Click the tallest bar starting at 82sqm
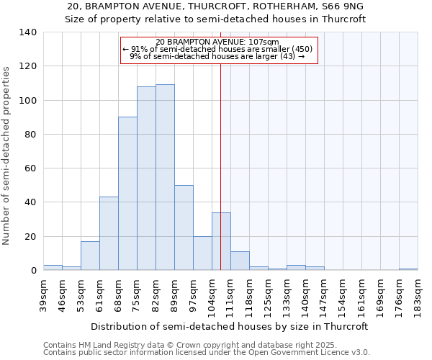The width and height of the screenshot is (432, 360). point(165,177)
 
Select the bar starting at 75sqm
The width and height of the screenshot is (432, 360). point(146,179)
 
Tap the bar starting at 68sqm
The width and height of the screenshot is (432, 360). point(127,194)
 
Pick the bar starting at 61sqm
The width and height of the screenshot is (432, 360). point(109,233)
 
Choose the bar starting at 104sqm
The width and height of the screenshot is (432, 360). point(221,241)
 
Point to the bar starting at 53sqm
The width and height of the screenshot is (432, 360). point(90,256)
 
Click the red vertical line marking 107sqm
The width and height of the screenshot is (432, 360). point(220,166)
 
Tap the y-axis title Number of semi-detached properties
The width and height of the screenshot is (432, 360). point(7,156)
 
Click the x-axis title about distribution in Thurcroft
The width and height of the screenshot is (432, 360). point(229,326)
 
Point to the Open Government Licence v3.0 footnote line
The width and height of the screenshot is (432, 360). point(207,352)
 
